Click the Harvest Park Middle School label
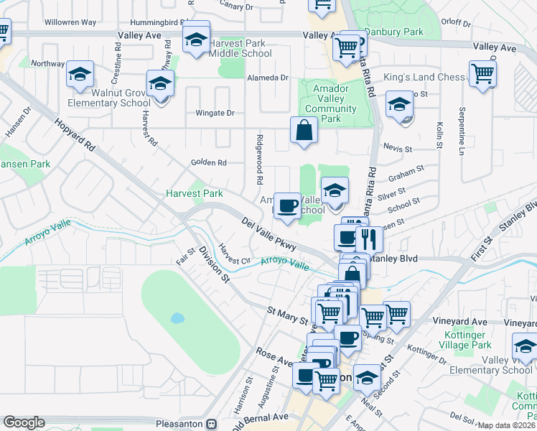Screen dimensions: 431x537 [241, 48]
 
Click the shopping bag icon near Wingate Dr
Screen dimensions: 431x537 [304, 131]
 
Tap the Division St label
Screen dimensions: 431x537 [214, 263]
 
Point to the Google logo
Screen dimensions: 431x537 [24, 422]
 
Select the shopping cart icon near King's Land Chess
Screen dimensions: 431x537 [482, 73]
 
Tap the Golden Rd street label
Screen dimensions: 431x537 [208, 162]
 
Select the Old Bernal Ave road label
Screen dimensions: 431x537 [258, 417]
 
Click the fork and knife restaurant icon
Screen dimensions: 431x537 [369, 238]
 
